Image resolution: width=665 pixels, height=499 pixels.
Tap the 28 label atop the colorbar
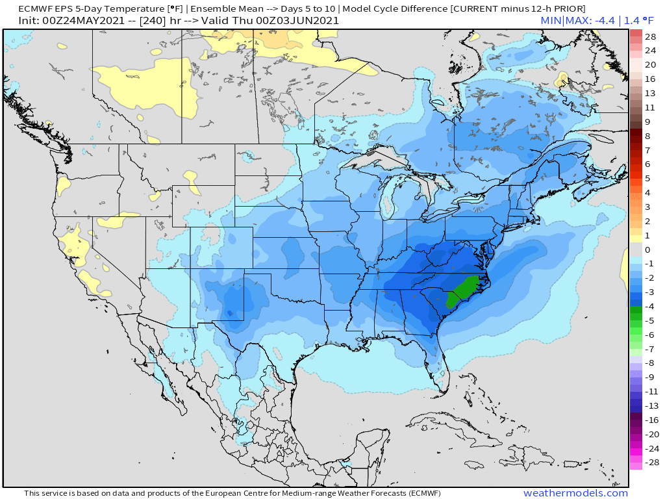(650, 36)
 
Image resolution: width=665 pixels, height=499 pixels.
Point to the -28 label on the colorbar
(650, 462)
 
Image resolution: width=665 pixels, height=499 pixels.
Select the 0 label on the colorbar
(647, 249)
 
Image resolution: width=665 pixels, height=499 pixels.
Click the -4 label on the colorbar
(649, 306)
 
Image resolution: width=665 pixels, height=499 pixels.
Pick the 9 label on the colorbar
(647, 122)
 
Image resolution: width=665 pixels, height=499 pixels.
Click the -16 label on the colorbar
(650, 420)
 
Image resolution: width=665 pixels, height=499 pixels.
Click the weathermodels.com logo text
(575, 493)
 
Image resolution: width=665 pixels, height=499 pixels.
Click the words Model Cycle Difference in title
(396, 8)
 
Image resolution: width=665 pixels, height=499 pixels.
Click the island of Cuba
(442, 419)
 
